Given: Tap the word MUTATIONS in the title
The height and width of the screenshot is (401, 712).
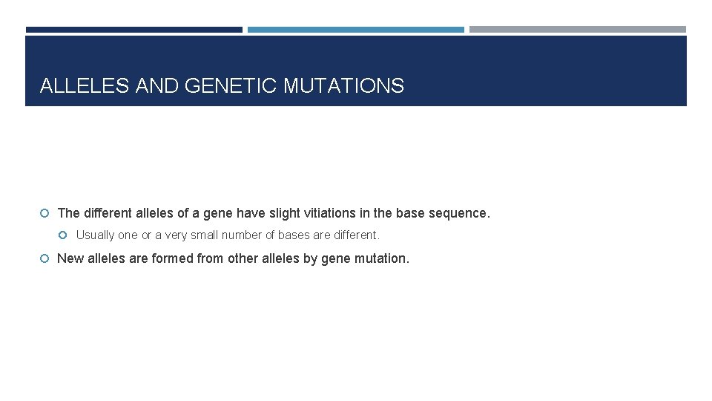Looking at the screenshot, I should (343, 86).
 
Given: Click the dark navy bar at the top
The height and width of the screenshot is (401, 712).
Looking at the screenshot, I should (133, 30).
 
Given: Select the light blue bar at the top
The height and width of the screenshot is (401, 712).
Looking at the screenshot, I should (355, 30).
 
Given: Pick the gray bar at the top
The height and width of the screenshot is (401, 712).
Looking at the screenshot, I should (577, 30).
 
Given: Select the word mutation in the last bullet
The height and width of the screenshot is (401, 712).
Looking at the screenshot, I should (383, 258).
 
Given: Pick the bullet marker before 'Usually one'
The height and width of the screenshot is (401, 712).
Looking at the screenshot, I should (64, 235).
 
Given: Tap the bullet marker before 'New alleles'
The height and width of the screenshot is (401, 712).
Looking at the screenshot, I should (44, 258).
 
